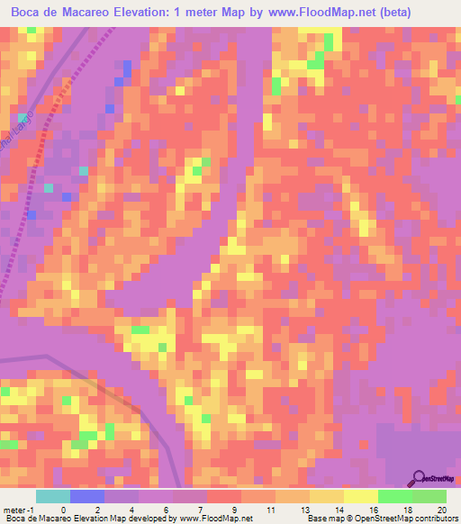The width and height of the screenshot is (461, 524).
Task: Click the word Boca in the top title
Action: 29,13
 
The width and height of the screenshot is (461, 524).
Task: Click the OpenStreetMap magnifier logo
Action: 419,478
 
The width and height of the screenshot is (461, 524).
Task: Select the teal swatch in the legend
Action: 52,496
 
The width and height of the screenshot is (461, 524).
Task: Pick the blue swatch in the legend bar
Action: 87,496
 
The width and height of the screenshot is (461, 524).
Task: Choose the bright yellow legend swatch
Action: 361,496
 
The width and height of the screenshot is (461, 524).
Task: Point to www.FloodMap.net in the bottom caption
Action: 216,519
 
